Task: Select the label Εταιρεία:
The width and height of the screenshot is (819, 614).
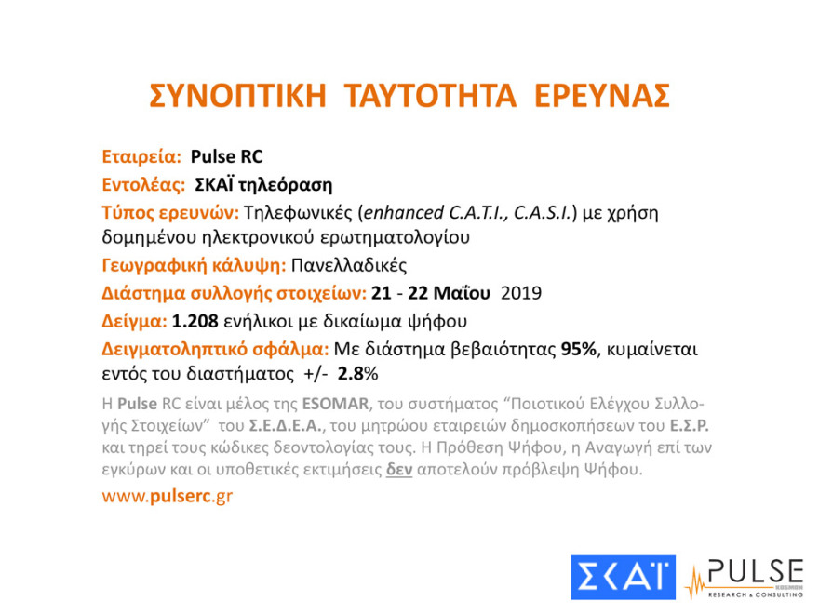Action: [141, 157]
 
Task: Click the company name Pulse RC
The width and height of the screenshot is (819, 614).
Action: [233, 157]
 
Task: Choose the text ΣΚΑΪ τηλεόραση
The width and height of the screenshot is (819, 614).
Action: [263, 184]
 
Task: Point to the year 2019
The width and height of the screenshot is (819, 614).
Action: [521, 294]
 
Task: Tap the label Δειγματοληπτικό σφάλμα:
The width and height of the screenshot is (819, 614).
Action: [215, 350]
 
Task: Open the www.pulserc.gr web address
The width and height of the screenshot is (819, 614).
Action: [168, 496]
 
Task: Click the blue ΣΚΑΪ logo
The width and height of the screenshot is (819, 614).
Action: [623, 576]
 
